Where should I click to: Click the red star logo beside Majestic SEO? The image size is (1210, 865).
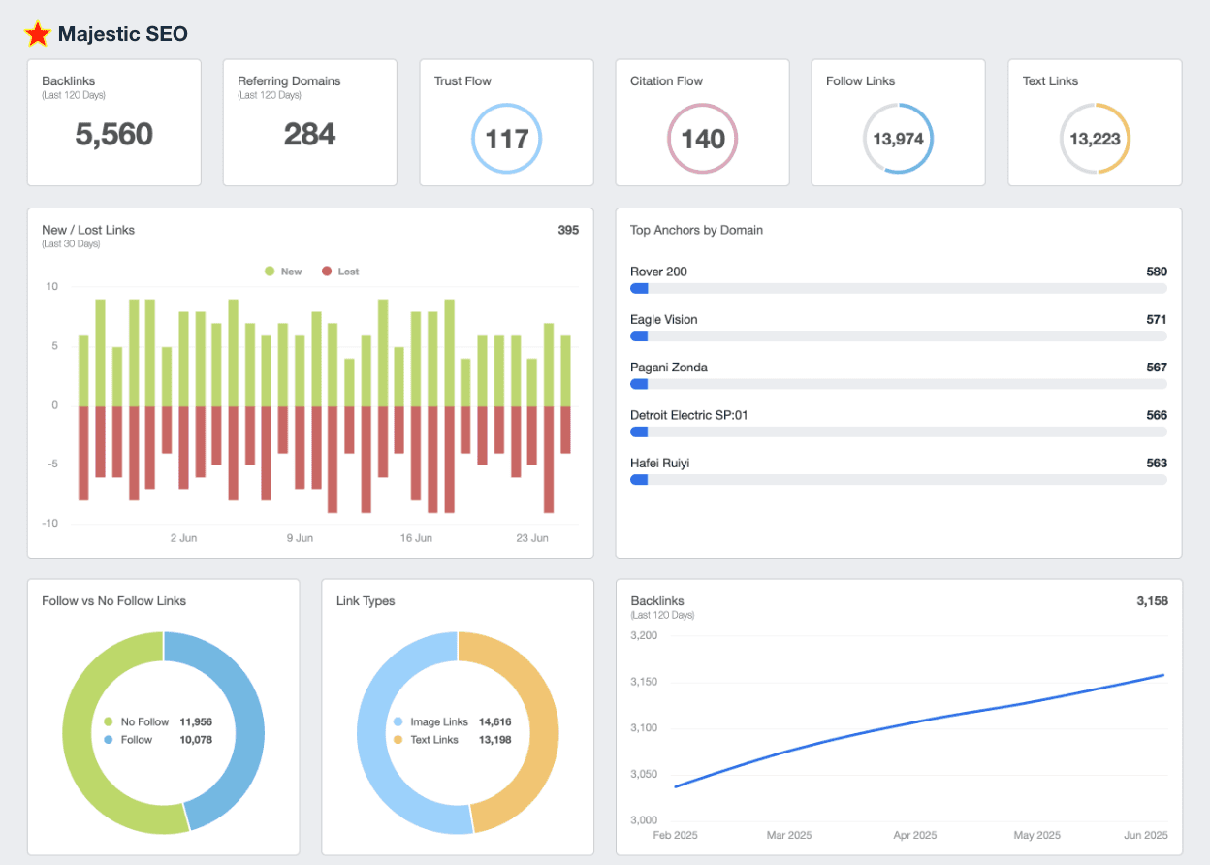38,34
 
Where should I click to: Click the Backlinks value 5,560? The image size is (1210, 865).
114,135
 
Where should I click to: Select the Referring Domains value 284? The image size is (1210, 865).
309,135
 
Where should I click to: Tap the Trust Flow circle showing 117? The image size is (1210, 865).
506,139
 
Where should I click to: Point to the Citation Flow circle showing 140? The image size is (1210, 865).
702,139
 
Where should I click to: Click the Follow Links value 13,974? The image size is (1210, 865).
898,139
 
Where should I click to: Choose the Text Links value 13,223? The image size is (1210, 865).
1095,139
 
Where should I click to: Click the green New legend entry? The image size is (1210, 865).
283,272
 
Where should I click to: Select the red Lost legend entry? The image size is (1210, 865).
340,272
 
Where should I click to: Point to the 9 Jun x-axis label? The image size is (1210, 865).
300,537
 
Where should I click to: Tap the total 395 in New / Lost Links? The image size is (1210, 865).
568,230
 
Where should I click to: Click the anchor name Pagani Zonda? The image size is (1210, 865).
669,368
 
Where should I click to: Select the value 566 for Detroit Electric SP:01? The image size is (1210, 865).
1156,415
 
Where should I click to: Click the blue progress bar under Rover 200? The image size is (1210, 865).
639,288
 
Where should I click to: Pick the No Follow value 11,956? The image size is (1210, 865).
196,722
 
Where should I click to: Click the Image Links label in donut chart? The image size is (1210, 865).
438,722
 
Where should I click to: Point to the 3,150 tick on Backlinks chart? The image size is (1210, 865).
644,682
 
